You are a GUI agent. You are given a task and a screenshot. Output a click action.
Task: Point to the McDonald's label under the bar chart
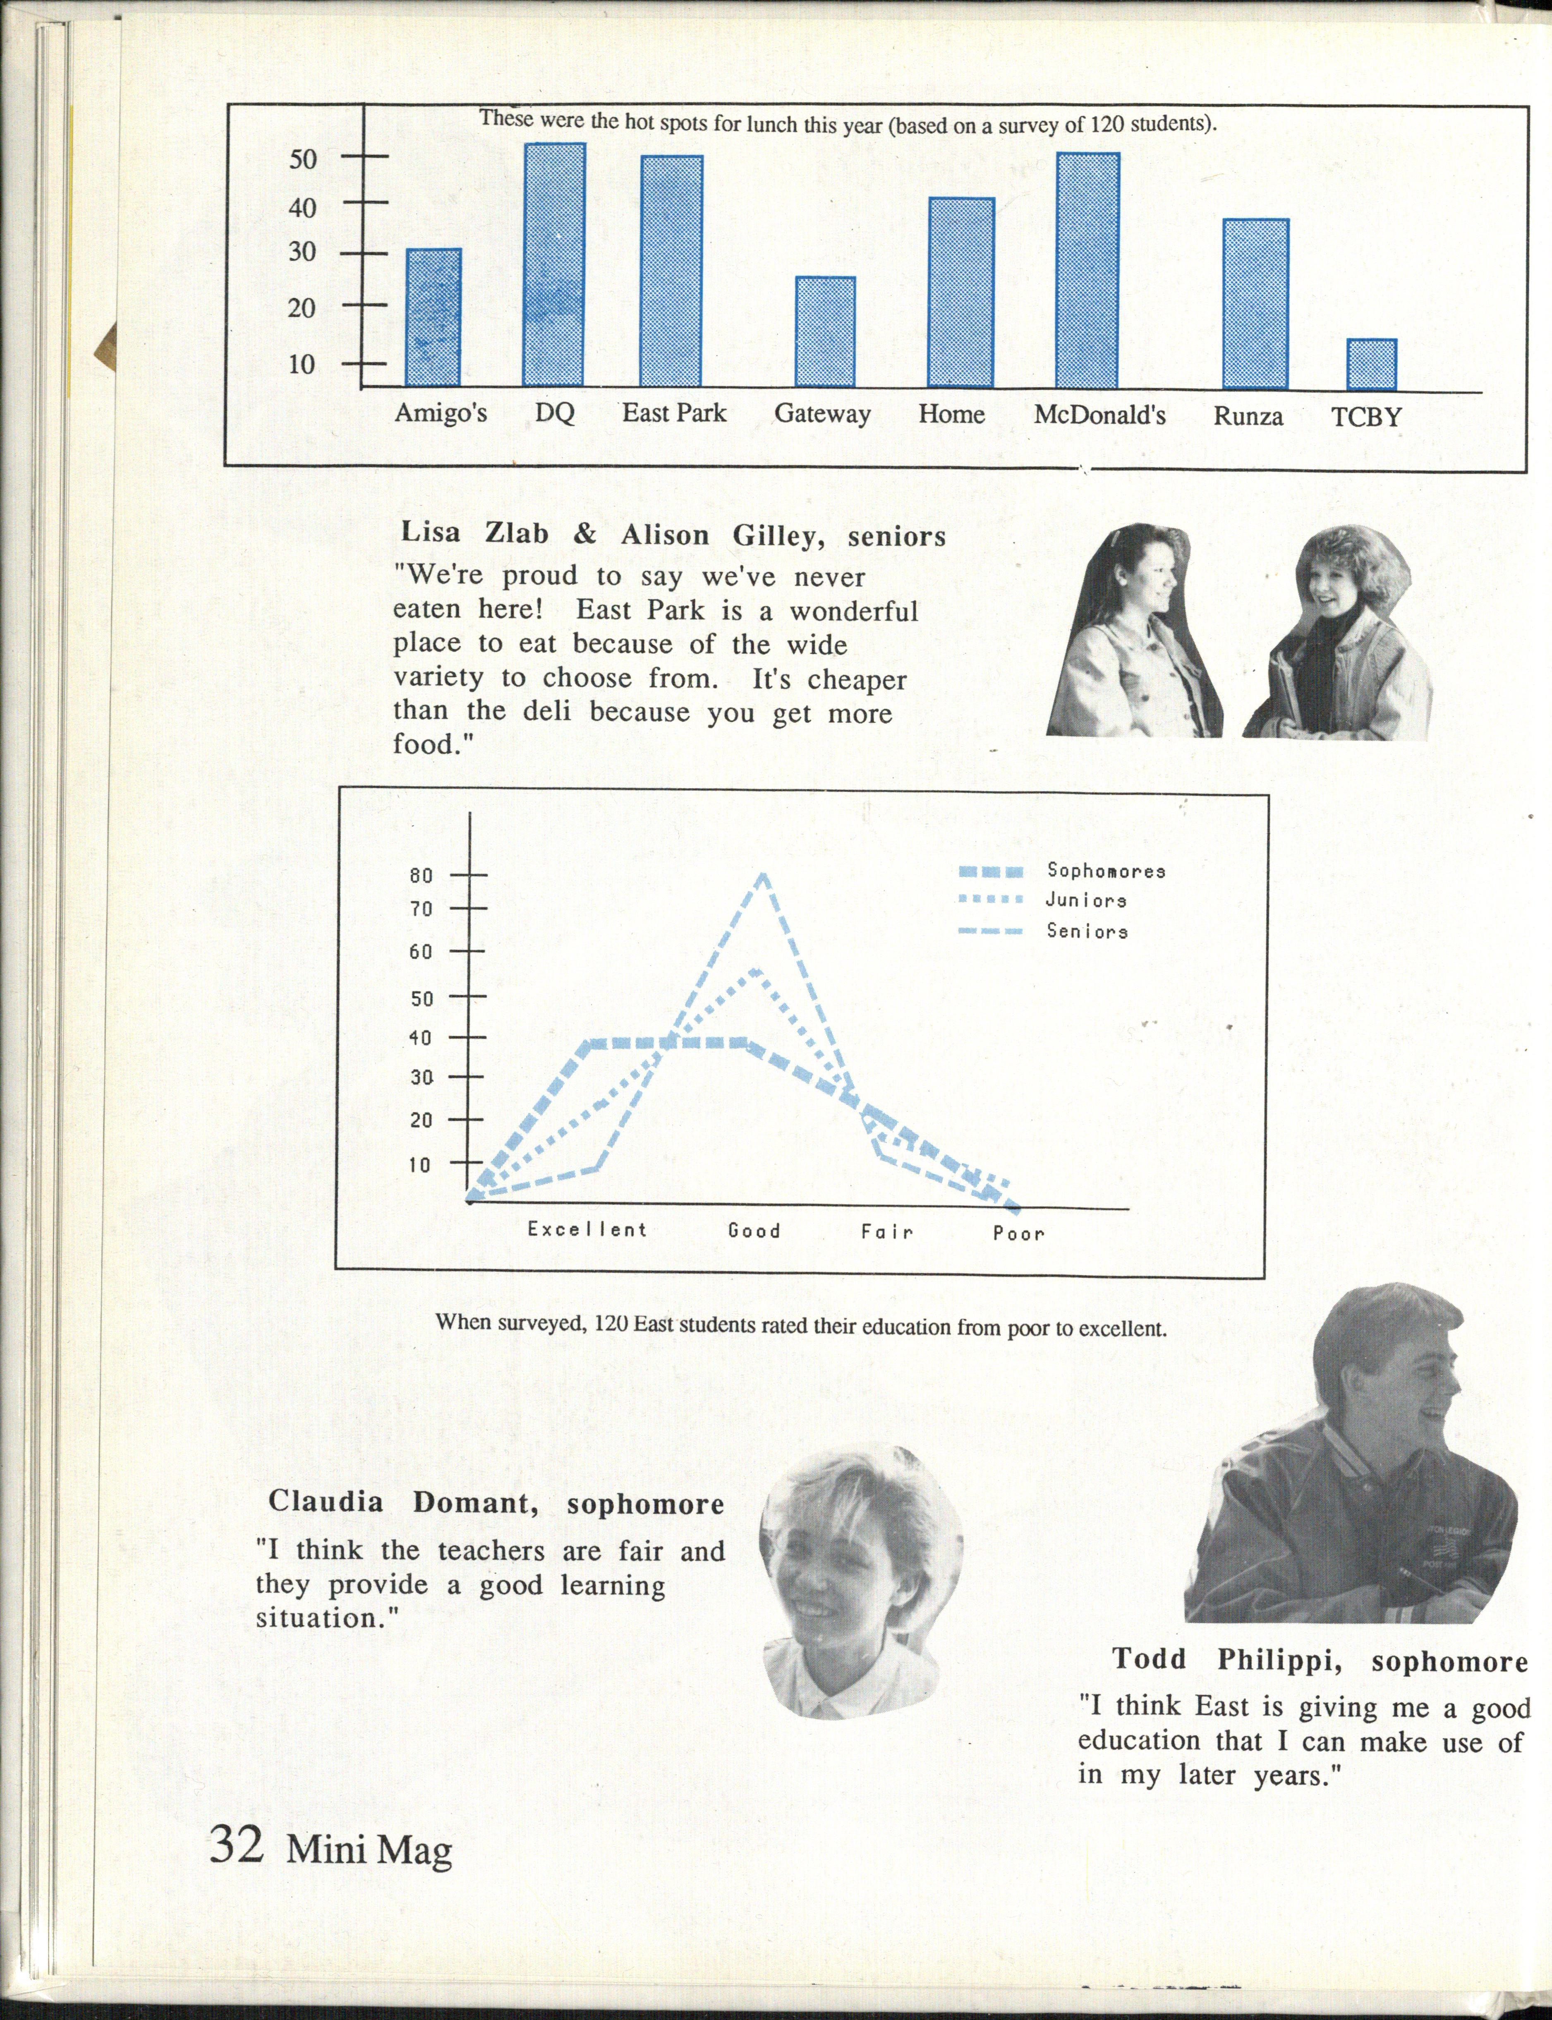pyautogui.click(x=1099, y=415)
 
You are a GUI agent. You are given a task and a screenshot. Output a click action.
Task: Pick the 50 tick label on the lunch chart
pyautogui.click(x=302, y=159)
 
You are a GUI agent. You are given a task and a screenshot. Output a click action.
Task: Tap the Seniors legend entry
pyautogui.click(x=1086, y=931)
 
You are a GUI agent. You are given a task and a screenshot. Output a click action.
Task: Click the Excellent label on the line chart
pyautogui.click(x=587, y=1229)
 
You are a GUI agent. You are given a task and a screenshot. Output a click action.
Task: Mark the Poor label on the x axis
pyautogui.click(x=1018, y=1233)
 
